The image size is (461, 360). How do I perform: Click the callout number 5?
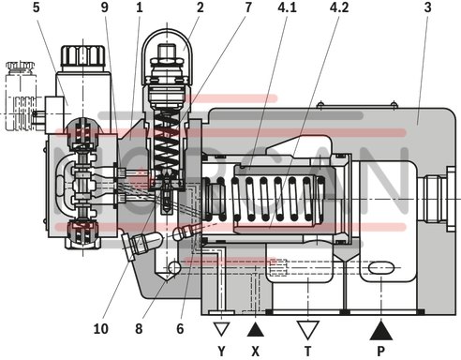[x=36, y=9]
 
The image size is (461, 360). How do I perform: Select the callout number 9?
[x=106, y=9]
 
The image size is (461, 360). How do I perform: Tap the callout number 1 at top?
[x=139, y=9]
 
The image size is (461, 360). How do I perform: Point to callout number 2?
[x=200, y=9]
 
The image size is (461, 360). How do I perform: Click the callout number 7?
[x=248, y=9]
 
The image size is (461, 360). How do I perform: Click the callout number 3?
[x=426, y=9]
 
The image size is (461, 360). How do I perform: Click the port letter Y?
[x=222, y=352]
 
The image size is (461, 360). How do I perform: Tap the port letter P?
[x=381, y=352]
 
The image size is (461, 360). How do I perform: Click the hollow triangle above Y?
[x=222, y=327]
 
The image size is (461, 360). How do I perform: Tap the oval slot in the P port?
[x=381, y=270]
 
